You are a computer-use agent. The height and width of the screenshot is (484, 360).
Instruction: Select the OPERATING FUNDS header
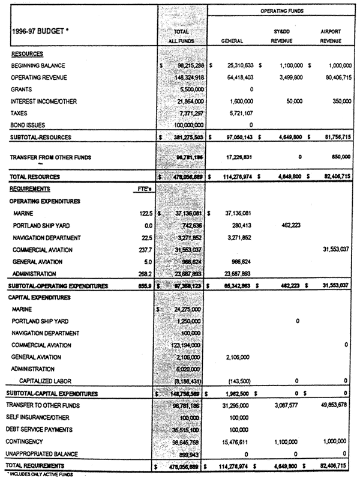click(x=281, y=10)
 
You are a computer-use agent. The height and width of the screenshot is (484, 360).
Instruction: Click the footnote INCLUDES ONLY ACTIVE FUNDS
click(x=38, y=475)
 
